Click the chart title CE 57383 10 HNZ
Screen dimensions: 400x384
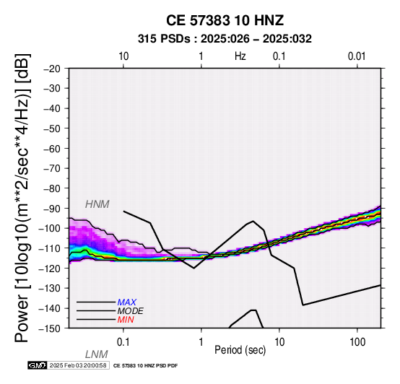(225, 20)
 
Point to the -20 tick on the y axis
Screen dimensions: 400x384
(52, 69)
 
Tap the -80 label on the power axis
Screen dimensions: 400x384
(52, 188)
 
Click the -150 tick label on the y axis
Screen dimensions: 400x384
(50, 328)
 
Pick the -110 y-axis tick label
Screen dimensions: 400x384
(50, 248)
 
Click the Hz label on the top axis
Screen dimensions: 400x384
(240, 56)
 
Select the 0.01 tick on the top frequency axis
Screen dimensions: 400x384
(357, 56)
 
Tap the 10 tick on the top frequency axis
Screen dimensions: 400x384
(123, 56)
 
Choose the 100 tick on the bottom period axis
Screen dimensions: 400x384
(357, 342)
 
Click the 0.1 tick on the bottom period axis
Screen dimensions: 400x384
(123, 342)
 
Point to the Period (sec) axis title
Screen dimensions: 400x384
(240, 350)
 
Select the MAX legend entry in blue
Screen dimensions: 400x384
(126, 302)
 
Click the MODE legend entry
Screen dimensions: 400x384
(131, 311)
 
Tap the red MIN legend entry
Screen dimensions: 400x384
(126, 320)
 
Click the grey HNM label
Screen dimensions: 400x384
(97, 204)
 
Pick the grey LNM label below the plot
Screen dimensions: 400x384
(97, 354)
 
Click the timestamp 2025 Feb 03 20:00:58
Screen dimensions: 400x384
(78, 366)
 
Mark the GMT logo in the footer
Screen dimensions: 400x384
(38, 366)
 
